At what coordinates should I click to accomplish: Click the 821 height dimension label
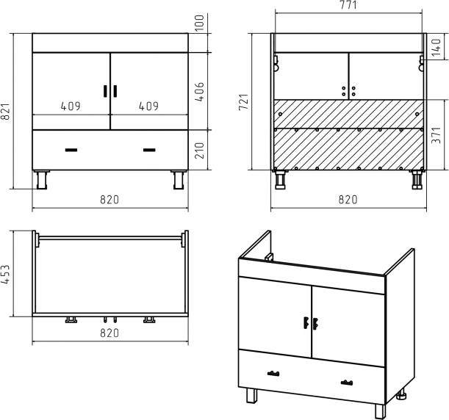click(6, 112)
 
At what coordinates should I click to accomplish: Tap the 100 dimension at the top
click(200, 23)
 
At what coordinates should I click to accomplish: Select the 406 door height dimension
click(200, 92)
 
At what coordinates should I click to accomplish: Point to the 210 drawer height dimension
click(200, 151)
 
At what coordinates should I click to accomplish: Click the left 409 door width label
click(71, 106)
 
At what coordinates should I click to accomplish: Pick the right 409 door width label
click(148, 106)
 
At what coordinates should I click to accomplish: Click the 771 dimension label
click(348, 5)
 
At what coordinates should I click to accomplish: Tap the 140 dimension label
click(436, 47)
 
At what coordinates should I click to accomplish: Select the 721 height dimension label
click(244, 102)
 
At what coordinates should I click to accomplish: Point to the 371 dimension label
click(436, 135)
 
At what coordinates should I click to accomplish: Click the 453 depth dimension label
click(6, 275)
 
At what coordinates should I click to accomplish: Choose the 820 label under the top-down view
click(109, 333)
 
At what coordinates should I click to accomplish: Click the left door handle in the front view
click(105, 91)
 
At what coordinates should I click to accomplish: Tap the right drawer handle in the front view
click(149, 150)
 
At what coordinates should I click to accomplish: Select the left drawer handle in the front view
click(71, 150)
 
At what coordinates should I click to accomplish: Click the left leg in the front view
click(42, 180)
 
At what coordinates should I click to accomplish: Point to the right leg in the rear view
click(417, 180)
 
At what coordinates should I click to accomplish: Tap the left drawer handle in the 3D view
click(273, 373)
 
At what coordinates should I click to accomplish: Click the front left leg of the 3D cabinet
click(252, 396)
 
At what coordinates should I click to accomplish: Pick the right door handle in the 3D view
click(315, 324)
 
